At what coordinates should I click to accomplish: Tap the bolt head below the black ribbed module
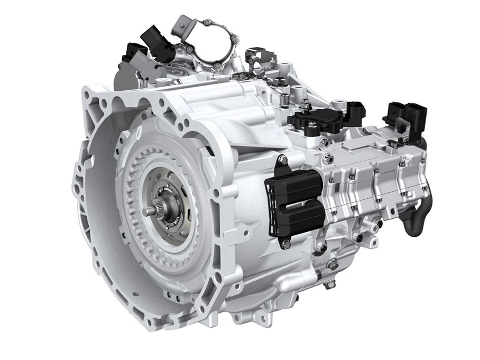coord(286,244)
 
